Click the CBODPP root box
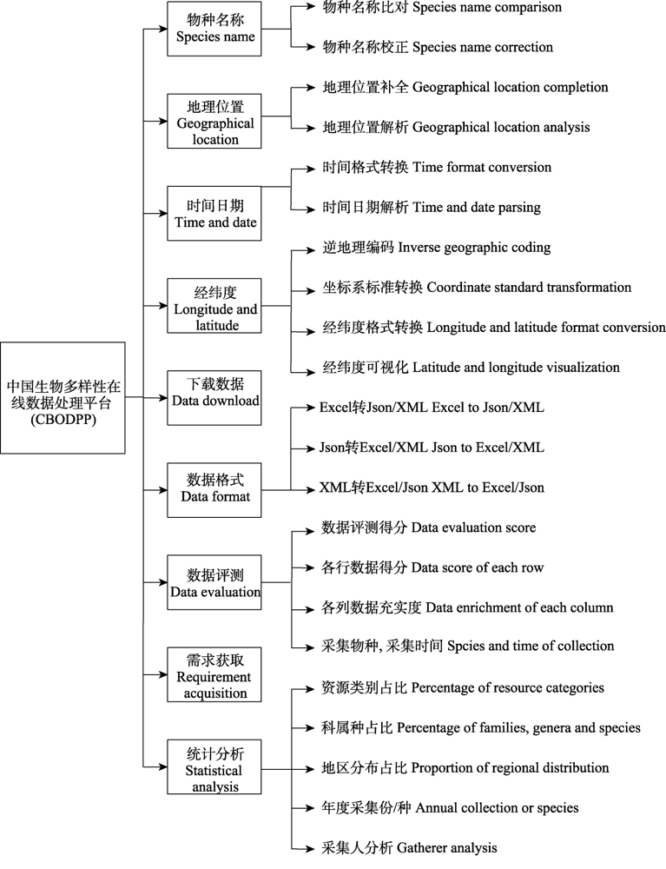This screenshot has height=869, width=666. pyautogui.click(x=63, y=398)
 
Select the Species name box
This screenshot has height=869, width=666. pyautogui.click(x=214, y=29)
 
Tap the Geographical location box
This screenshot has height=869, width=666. pyautogui.click(x=214, y=121)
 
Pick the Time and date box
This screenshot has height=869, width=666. pyautogui.click(x=214, y=214)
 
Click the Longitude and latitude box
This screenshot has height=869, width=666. pyautogui.click(x=214, y=305)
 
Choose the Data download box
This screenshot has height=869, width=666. pyautogui.click(x=214, y=398)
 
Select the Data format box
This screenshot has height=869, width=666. pyautogui.click(x=214, y=490)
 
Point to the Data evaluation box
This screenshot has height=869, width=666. pyautogui.click(x=214, y=582)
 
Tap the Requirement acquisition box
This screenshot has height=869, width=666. pyautogui.click(x=214, y=674)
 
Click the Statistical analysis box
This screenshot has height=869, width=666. pyautogui.click(x=214, y=767)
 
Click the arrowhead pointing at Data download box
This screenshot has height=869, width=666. pyautogui.click(x=162, y=398)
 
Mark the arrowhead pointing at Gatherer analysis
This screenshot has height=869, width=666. pyautogui.click(x=310, y=848)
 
